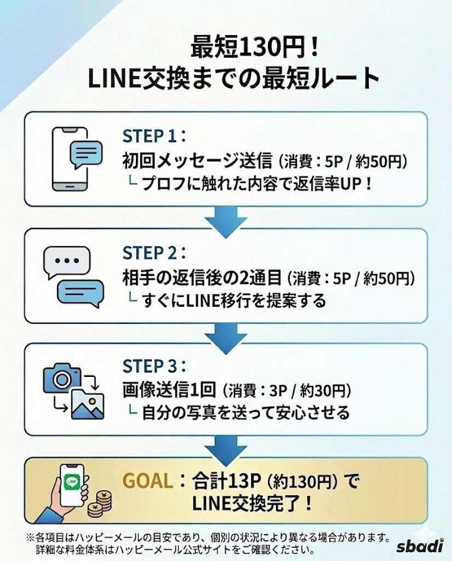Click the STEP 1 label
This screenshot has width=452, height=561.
(152, 136)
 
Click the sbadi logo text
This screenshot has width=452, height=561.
(420, 546)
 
